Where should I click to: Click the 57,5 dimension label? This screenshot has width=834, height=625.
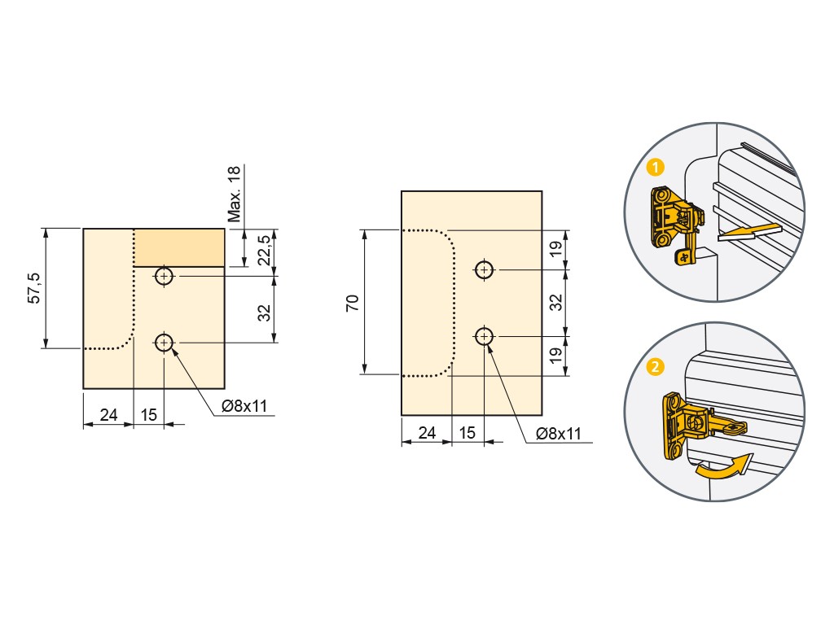[x=34, y=288]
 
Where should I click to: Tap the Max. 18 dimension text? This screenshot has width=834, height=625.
[x=234, y=194]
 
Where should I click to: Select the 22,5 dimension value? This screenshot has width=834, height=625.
[x=265, y=251]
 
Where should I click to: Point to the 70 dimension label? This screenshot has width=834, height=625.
[x=353, y=303]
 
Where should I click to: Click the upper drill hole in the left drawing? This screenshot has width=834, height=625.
[x=165, y=277]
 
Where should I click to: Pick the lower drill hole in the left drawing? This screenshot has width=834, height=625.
[x=165, y=343]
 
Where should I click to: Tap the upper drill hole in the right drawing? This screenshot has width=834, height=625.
[x=484, y=270]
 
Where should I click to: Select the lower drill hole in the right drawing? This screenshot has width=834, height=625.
[x=484, y=336]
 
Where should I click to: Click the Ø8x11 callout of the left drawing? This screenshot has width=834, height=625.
[x=244, y=407]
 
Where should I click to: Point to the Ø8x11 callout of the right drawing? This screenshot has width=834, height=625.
[x=559, y=434]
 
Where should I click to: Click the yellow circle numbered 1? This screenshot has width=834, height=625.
[x=656, y=168]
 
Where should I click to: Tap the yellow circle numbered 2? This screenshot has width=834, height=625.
[x=656, y=367]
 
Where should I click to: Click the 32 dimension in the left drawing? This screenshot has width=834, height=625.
[x=265, y=312]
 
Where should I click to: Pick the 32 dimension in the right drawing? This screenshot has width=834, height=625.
[x=555, y=303]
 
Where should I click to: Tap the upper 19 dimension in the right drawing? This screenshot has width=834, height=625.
[x=555, y=249]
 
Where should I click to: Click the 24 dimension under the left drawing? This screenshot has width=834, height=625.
[x=108, y=414]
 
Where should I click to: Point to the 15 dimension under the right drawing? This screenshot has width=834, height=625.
[x=467, y=433]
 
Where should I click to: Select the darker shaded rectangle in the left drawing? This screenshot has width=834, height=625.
[x=178, y=247]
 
